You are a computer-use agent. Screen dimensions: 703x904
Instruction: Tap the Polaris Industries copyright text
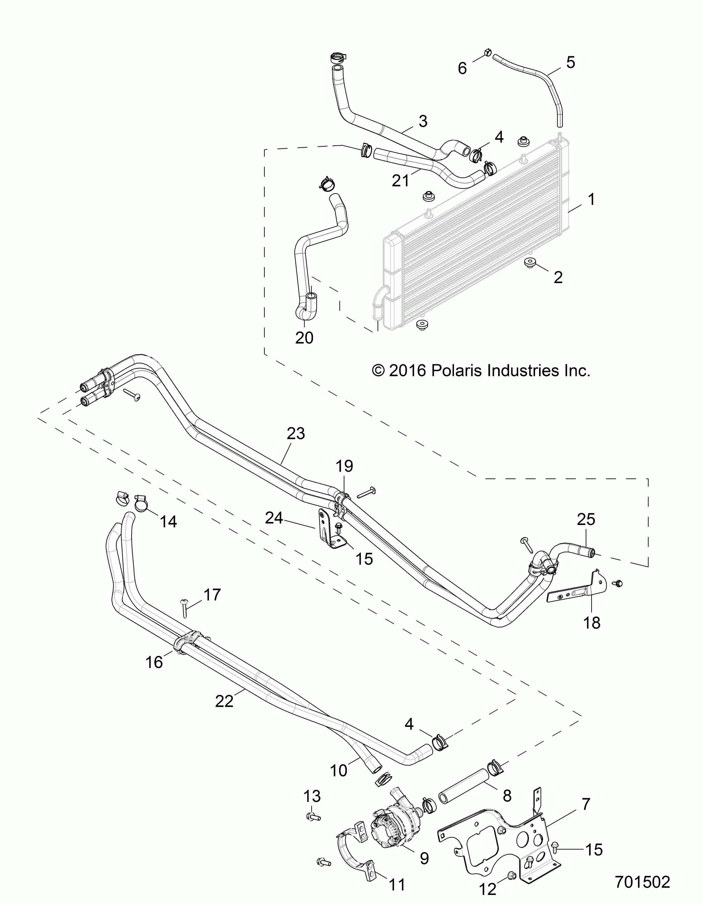481,370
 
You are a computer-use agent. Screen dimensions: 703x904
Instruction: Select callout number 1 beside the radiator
592,200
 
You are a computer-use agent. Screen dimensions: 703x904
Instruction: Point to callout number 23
296,433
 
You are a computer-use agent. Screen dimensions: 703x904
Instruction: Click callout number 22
224,701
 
